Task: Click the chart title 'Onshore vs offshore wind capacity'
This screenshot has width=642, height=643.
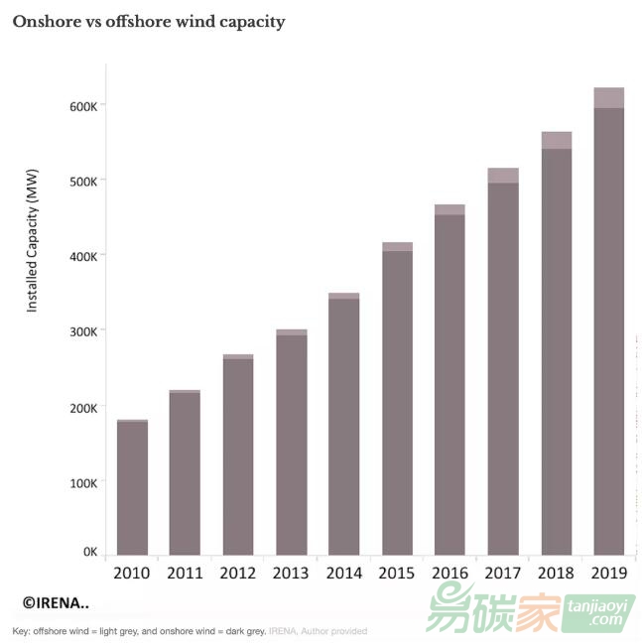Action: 148,22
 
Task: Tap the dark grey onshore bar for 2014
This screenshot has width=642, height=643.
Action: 344,427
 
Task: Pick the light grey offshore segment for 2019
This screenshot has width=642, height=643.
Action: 608,97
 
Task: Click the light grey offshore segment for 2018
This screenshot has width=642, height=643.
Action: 556,140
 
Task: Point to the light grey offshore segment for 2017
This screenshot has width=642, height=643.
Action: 503,176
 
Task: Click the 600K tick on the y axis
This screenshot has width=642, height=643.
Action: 82,105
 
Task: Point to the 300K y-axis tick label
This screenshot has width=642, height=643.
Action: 82,330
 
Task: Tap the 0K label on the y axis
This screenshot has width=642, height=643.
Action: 89,552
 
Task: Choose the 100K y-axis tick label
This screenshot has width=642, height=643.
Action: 82,482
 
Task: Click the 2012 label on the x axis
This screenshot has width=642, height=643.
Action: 238,574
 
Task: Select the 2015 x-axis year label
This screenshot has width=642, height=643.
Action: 397,574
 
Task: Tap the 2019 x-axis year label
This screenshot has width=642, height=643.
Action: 608,574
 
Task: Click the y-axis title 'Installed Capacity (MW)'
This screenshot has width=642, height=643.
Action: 32,254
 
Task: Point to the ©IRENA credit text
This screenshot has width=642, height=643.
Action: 56,602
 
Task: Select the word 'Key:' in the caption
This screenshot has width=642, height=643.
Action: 21,631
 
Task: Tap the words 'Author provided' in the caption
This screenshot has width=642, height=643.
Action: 333,631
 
